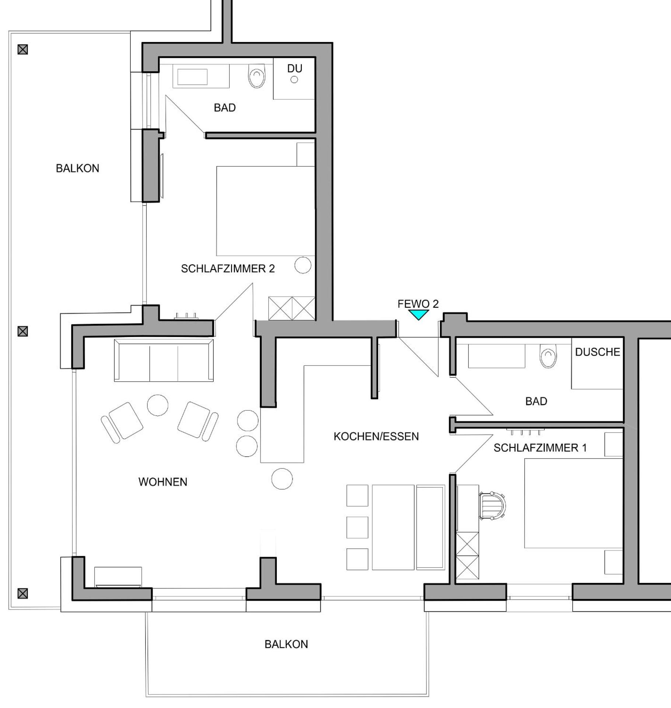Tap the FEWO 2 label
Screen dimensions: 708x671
tap(418, 304)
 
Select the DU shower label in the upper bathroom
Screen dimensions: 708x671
tap(294, 69)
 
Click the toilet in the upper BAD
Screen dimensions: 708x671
tap(257, 76)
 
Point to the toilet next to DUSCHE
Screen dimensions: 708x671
tap(548, 356)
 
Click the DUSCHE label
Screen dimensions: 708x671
tap(597, 352)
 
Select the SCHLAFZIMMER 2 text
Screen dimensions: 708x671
tap(228, 269)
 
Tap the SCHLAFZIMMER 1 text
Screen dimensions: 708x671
tap(540, 448)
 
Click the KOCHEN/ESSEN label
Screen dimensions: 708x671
tap(376, 437)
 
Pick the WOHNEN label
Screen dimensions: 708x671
tap(162, 482)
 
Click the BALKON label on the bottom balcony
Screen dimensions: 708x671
tap(286, 644)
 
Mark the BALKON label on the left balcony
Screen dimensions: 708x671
tap(77, 169)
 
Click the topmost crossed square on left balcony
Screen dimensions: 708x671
tap(23, 49)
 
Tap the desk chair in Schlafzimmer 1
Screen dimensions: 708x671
tap(493, 506)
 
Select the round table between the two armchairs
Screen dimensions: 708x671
tap(158, 405)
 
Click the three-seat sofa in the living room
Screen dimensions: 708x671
tap(164, 360)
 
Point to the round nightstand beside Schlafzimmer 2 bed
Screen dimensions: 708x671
tap(303, 265)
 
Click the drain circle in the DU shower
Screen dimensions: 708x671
tap(294, 80)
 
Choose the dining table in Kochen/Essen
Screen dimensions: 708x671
tap(393, 527)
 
